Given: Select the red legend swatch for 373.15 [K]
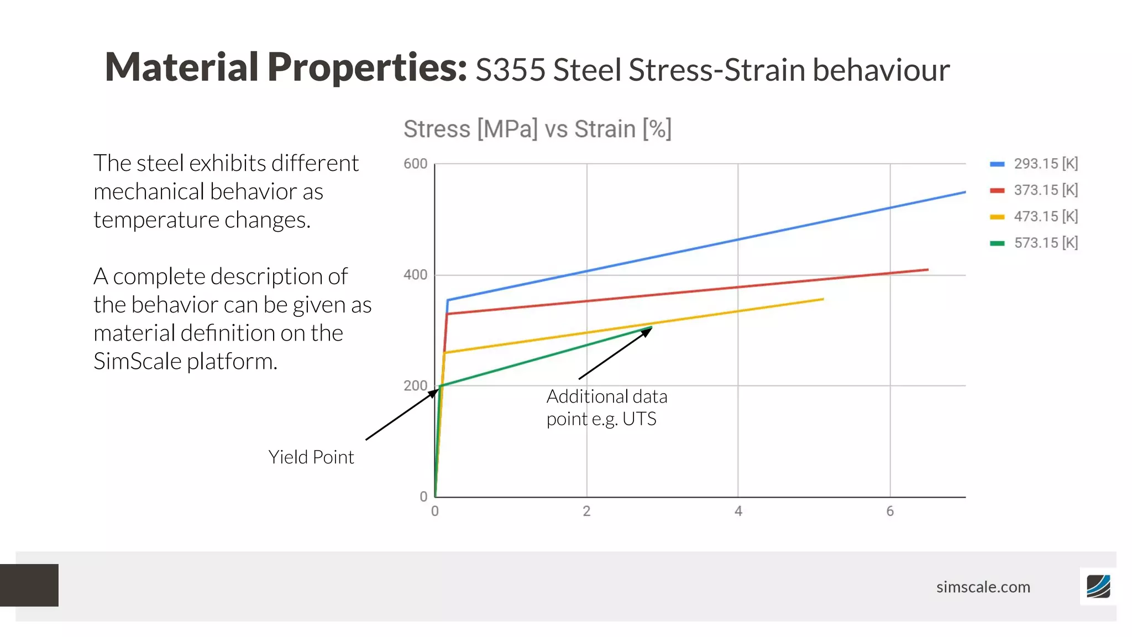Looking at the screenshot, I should pos(997,190).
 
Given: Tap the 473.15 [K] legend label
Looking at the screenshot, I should pos(1046,216).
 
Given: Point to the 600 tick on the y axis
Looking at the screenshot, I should pos(415,164).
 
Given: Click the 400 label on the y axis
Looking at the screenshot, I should pos(415,275).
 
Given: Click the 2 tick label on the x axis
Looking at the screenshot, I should pos(586,511).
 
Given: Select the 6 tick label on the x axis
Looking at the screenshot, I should pos(890,511).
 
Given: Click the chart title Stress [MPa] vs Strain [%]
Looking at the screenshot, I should pos(537,129).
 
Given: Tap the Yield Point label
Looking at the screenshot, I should pos(311,457).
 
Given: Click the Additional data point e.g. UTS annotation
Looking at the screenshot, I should pos(606,408).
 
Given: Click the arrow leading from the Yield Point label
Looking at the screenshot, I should pos(401,415).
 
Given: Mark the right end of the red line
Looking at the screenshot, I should pos(927,270).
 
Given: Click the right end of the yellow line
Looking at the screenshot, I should pos(823,299).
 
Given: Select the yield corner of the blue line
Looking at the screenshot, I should pos(448,300).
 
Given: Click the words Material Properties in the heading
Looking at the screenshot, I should pos(286,67).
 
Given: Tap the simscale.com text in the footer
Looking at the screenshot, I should pos(983,587).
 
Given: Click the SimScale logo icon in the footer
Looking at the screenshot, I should pos(1098,586).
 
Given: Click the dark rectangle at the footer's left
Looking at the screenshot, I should pos(29,585).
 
